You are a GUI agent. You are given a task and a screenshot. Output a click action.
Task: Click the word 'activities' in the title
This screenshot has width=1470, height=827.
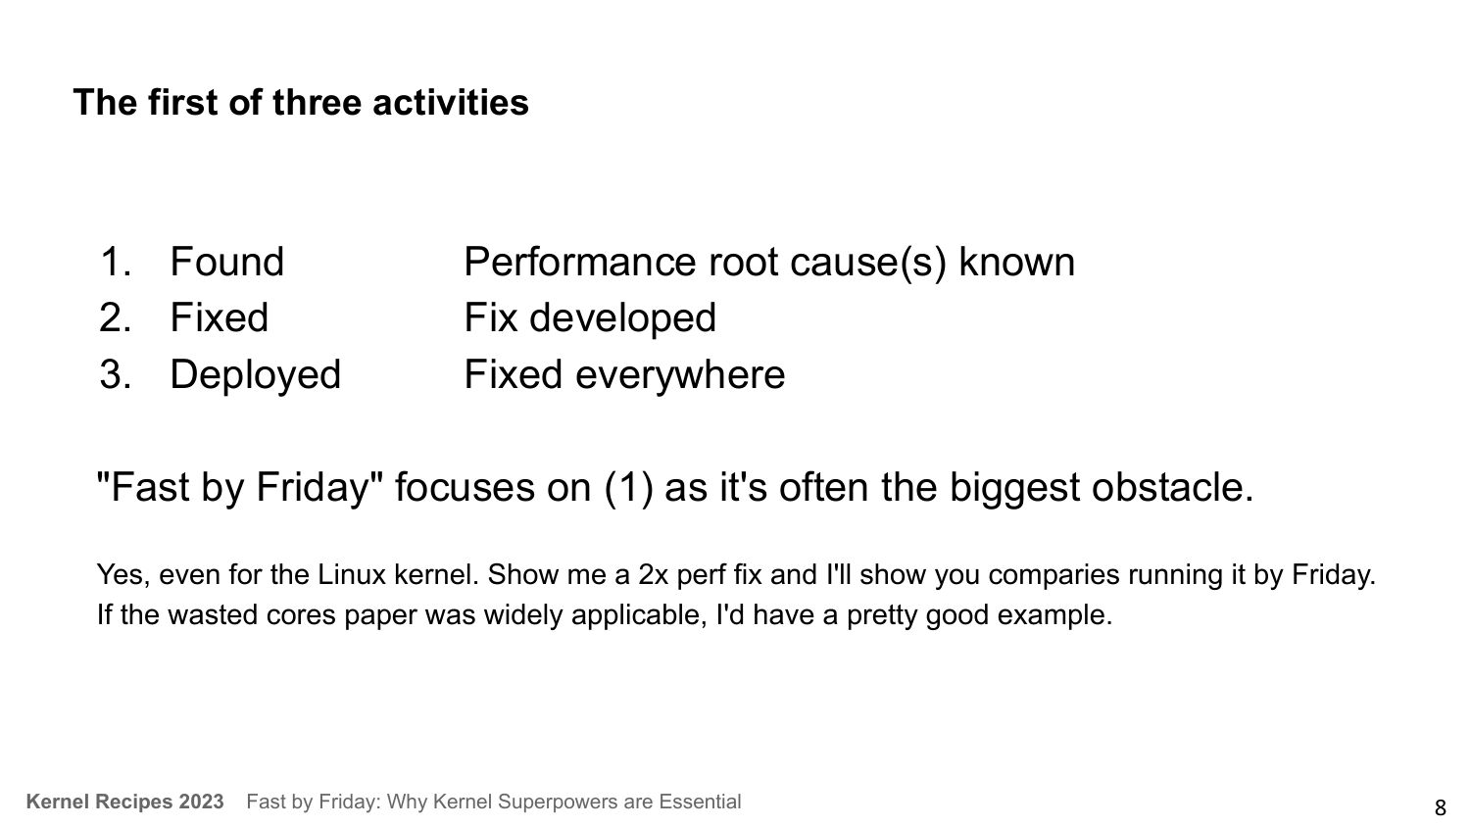pyautogui.click(x=450, y=102)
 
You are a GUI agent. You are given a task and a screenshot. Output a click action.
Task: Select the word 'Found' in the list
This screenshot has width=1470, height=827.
pyautogui.click(x=227, y=262)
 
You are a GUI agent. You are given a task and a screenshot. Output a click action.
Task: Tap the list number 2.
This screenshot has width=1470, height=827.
pyautogui.click(x=116, y=317)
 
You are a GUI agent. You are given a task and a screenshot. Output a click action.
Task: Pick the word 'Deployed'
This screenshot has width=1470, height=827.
pyautogui.click(x=255, y=375)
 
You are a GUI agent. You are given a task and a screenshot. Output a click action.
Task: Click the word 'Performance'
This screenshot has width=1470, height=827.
pyautogui.click(x=579, y=262)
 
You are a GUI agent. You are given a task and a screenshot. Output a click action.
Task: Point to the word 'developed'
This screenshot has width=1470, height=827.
pyautogui.click(x=622, y=318)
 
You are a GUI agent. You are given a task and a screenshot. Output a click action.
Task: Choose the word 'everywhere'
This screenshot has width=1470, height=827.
pyautogui.click(x=680, y=375)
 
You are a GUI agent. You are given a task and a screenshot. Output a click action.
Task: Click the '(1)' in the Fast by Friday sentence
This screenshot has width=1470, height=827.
pyautogui.click(x=628, y=488)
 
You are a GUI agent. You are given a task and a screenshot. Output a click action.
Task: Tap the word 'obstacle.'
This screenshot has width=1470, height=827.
pyautogui.click(x=1172, y=487)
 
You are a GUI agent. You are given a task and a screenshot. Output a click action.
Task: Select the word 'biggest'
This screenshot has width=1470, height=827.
pyautogui.click(x=1014, y=488)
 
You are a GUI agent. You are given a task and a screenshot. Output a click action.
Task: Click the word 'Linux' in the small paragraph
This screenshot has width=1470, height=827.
pyautogui.click(x=352, y=575)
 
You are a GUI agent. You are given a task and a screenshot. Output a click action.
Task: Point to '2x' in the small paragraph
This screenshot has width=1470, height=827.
pyautogui.click(x=653, y=575)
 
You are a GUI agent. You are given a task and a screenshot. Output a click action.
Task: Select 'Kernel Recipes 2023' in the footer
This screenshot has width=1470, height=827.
pyautogui.click(x=124, y=802)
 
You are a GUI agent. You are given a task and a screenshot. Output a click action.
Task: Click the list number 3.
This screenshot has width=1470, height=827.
pyautogui.click(x=116, y=374)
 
